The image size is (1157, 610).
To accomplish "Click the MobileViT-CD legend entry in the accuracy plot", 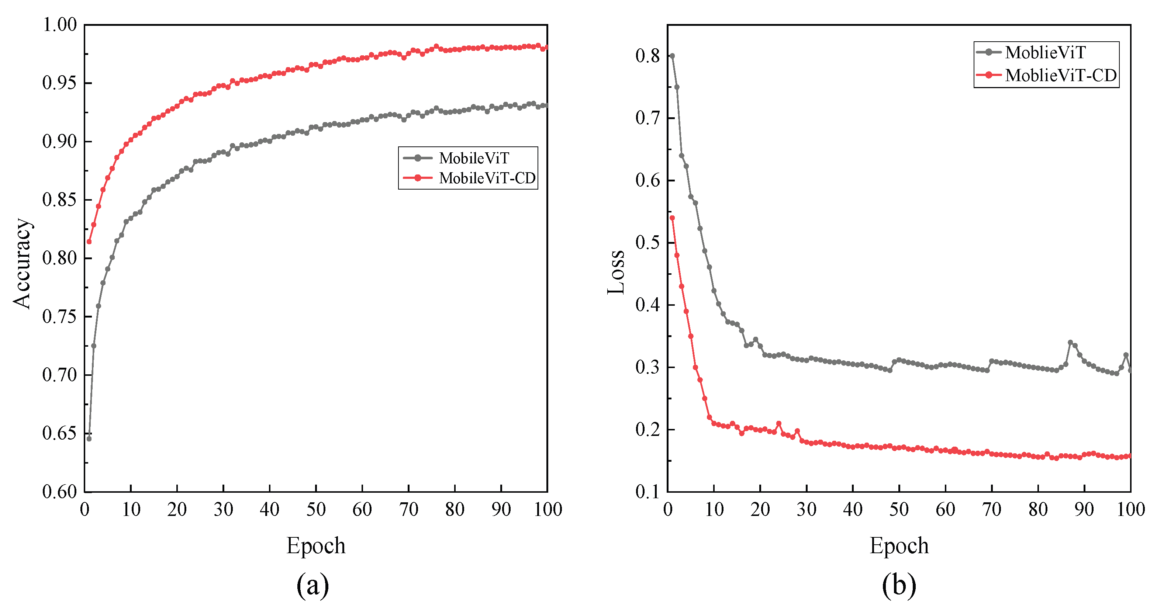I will (487, 178).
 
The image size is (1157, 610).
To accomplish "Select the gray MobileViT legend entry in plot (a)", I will (474, 158).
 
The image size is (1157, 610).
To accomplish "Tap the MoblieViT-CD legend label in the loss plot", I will (1061, 75).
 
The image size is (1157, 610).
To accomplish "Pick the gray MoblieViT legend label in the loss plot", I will (1045, 52).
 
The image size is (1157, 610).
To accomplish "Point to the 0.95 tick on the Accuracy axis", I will (59, 83).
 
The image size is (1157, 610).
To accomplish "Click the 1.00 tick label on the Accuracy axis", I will (59, 25).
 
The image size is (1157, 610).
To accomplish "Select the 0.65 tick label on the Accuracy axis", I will (59, 433).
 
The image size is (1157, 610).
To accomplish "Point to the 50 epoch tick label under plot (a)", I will (316, 509).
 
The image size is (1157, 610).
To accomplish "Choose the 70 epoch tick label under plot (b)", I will (992, 509).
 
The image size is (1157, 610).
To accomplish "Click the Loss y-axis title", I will (616, 273).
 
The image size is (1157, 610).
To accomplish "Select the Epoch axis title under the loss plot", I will (899, 546).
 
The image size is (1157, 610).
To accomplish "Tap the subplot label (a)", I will (312, 585).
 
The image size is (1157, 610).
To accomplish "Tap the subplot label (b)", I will (899, 585).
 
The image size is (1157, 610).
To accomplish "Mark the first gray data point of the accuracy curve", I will (89, 439).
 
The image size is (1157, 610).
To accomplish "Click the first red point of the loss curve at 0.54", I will (672, 218).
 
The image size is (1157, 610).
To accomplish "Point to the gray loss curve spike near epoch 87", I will (1070, 343).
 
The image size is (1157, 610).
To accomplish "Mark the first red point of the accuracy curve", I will (89, 242).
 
